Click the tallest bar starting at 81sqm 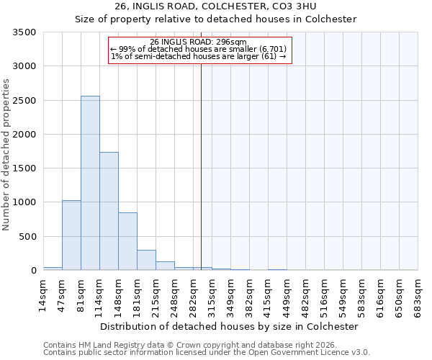pos(90,183)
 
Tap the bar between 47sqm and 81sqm pos(71,235)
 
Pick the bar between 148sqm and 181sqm pos(127,241)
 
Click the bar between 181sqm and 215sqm pos(146,260)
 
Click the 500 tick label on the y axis pos(30,237)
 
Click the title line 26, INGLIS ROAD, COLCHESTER pos(216,6)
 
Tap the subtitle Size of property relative pos(216,19)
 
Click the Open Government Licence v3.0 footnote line pos(207,353)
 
